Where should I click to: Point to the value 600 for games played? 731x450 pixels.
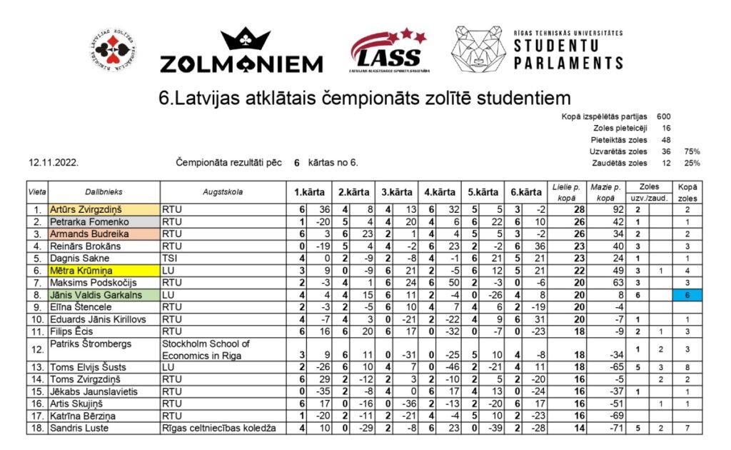[x=664, y=116]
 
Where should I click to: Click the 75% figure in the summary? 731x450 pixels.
[x=692, y=151]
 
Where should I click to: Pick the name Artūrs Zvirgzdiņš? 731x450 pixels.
[x=85, y=210]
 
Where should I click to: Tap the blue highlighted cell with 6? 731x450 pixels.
[x=687, y=295]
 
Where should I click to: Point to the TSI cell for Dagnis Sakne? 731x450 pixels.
[x=170, y=259]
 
